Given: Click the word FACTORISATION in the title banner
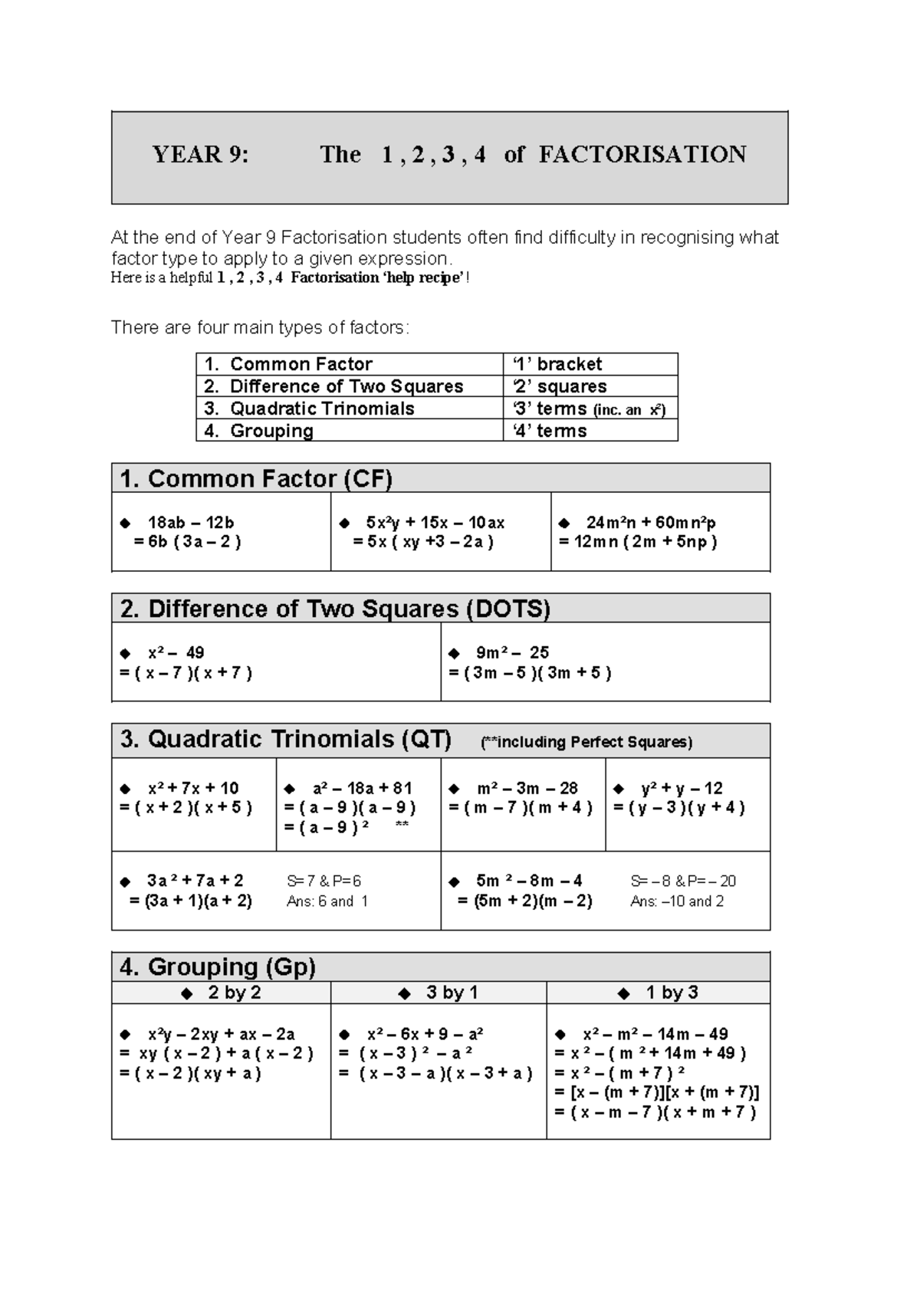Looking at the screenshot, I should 642,155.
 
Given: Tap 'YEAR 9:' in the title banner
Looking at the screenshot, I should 201,155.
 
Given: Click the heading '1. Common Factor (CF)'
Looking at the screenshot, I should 256,479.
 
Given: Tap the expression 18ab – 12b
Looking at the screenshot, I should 190,523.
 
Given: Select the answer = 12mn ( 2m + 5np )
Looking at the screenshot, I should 638,542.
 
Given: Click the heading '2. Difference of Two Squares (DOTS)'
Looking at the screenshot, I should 335,609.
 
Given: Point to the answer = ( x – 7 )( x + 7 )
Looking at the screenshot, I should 186,673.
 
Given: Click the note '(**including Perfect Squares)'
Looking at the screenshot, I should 586,742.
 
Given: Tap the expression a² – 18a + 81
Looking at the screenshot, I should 362,788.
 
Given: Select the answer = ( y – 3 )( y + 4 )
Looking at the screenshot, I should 679,807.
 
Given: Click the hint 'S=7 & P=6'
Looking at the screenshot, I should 324,881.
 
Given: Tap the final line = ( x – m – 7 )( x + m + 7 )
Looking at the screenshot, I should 656,1112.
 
